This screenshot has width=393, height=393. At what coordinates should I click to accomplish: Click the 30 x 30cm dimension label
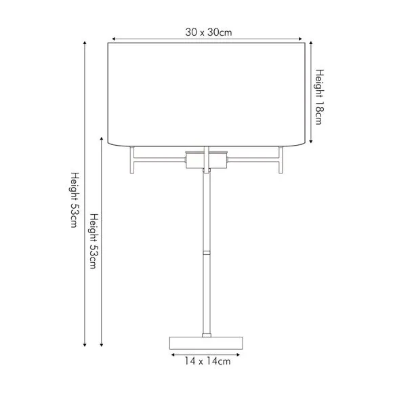point(209,33)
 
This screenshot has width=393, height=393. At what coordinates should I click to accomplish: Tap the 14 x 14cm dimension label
point(207,361)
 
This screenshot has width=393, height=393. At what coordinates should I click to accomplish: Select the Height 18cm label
point(319,97)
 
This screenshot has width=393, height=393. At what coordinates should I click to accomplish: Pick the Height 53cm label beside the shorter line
point(94,241)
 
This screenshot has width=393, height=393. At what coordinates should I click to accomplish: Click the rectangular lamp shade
point(206,94)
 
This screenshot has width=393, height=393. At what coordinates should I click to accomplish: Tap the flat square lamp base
point(206,343)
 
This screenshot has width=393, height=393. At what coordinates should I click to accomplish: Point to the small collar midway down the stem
point(207,253)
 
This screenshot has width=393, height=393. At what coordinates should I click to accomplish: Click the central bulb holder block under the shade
point(206,160)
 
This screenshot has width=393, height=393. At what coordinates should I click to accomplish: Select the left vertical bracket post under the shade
point(132,160)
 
